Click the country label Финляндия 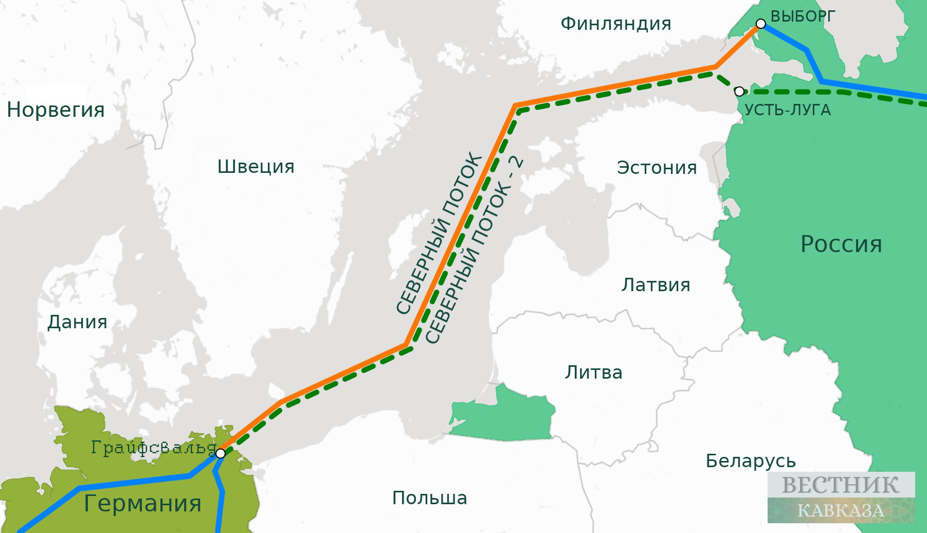615,24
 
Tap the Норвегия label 56,110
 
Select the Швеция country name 256,167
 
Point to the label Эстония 657,168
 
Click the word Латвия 656,285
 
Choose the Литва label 593,372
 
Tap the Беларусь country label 750,461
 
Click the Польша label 429,498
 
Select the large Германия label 142,503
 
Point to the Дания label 77,322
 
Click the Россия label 841,244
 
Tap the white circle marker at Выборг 760,24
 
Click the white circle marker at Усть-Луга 739,92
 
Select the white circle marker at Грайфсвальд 220,453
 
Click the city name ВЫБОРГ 803,16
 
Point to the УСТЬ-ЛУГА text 787,110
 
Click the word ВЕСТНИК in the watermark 840,485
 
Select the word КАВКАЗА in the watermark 840,510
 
